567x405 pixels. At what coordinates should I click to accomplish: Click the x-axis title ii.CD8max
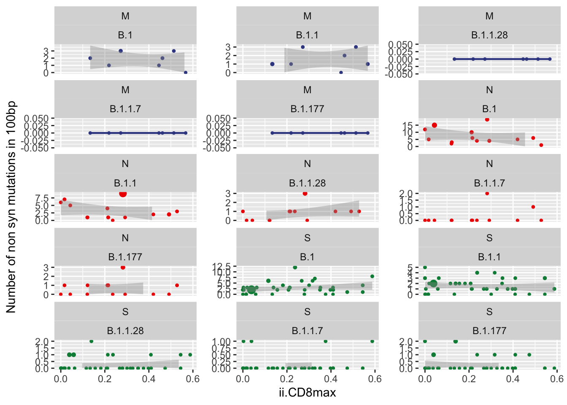(307, 393)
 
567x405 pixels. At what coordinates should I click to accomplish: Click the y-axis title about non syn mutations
(11, 207)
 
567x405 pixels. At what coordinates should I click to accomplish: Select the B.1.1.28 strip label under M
(489, 35)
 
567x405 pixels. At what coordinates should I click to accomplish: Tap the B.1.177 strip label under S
(489, 331)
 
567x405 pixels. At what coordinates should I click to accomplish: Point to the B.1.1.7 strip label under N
(489, 183)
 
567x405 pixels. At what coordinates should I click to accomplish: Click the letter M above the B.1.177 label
(307, 90)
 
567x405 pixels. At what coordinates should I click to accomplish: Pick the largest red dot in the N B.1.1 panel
(123, 194)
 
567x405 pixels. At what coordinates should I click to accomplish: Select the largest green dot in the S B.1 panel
(251, 289)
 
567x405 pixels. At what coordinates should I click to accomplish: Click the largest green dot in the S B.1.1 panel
(433, 283)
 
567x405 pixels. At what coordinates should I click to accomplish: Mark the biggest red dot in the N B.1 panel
(434, 125)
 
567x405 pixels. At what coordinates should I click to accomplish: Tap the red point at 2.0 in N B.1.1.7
(487, 194)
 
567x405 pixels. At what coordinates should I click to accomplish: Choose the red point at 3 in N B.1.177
(123, 267)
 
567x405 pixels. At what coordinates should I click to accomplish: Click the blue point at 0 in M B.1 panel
(185, 73)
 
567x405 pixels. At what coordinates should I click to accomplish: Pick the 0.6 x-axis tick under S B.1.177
(556, 379)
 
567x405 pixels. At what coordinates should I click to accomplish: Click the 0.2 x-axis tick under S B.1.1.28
(105, 379)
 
